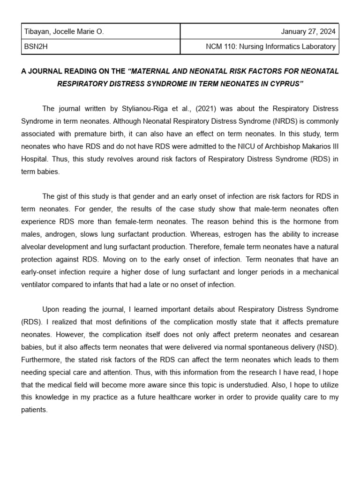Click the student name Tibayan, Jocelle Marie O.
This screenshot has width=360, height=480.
[x=63, y=32]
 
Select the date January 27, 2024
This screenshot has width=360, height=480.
[x=308, y=32]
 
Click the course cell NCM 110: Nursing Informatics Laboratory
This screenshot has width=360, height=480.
[x=271, y=46]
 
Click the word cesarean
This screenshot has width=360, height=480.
[x=323, y=335]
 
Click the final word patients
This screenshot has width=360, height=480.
[x=35, y=410]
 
